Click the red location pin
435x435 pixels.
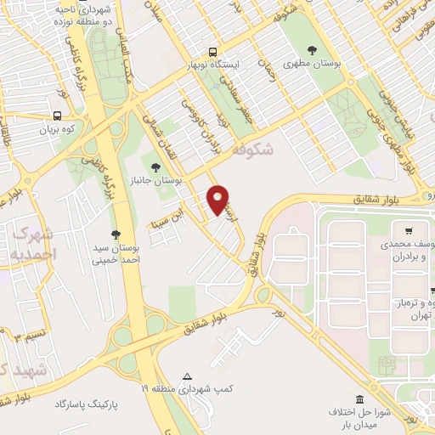[219, 198]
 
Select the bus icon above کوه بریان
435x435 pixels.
[57, 116]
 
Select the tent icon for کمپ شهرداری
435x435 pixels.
[188, 376]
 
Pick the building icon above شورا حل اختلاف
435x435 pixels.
[359, 399]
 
